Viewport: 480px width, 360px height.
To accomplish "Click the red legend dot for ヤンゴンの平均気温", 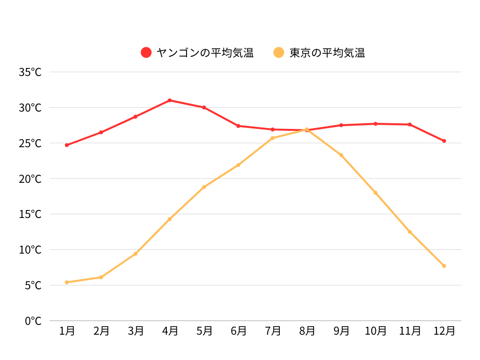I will [x=146, y=52].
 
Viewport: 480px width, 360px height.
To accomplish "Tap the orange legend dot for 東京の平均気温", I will [x=279, y=52].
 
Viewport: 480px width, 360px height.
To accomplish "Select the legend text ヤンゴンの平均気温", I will [x=205, y=52].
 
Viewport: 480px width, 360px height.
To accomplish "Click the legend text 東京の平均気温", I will [x=327, y=52].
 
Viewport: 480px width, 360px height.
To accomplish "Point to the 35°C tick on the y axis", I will [x=30, y=72].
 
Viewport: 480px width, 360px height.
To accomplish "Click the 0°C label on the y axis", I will [x=33, y=321].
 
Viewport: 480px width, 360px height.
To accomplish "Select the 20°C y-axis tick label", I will [x=30, y=179].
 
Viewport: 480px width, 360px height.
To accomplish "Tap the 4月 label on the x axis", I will [x=170, y=331].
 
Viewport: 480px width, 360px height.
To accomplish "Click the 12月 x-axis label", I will [x=444, y=331].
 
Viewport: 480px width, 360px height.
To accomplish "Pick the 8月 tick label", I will [x=307, y=331].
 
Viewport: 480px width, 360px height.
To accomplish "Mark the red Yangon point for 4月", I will [x=170, y=100].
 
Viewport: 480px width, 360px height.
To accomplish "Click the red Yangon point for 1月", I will [x=67, y=145].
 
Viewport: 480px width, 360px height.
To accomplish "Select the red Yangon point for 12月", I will [x=444, y=141].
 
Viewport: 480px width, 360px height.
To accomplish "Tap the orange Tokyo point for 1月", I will [x=67, y=282].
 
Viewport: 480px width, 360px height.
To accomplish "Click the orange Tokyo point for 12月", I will [x=444, y=266].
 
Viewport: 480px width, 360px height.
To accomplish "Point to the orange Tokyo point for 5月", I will [x=204, y=187].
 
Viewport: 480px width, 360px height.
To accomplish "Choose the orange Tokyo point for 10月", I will [x=375, y=193].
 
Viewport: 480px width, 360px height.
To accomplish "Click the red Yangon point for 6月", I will [x=238, y=126].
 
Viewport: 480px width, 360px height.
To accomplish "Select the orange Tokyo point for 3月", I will [x=135, y=254].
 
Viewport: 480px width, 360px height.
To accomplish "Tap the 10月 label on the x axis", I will [x=375, y=331].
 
